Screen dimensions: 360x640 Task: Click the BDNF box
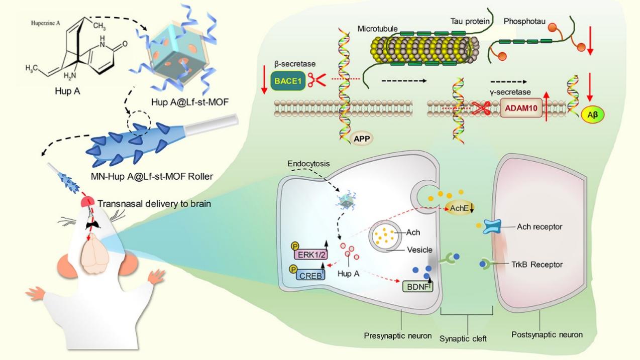(x=418, y=286)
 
